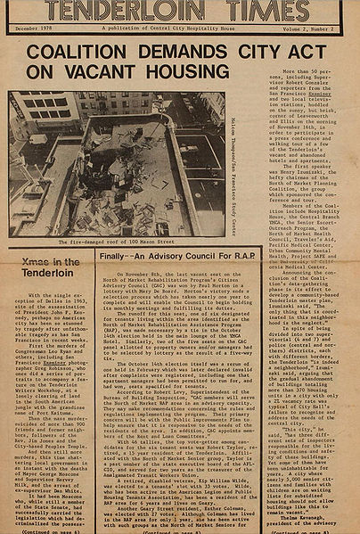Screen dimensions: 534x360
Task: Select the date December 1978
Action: [34, 29]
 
